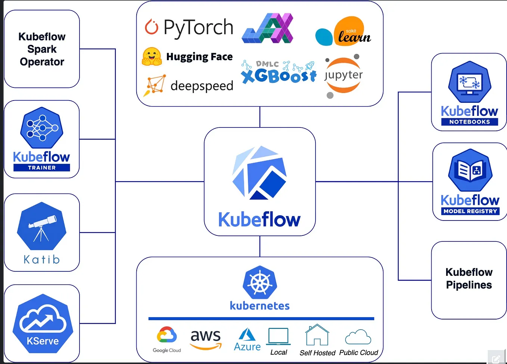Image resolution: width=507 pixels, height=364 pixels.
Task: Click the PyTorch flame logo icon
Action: pos(152,27)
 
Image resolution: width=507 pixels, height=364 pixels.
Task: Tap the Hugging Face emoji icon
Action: pos(152,56)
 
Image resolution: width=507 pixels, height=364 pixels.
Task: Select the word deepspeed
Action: pos(202,86)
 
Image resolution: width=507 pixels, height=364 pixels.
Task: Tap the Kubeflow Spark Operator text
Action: pos(42,49)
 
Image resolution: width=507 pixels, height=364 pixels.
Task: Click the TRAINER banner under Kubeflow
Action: pos(41,168)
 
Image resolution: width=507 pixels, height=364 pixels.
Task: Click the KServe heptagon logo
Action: pos(43,324)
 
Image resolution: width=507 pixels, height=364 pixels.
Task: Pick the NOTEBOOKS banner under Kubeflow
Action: pos(469,122)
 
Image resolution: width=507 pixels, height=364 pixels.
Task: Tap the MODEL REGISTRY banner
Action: pos(470,211)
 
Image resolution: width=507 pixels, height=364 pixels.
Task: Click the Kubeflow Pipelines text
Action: pos(469,278)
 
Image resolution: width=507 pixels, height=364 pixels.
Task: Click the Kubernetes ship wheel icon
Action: pos(260,282)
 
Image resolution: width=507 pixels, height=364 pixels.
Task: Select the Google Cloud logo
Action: pos(167,335)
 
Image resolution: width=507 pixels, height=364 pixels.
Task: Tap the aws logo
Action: pos(206,338)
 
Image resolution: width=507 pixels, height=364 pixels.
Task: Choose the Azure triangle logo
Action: pos(247,334)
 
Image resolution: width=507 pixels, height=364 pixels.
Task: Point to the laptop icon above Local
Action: pos(279,336)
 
